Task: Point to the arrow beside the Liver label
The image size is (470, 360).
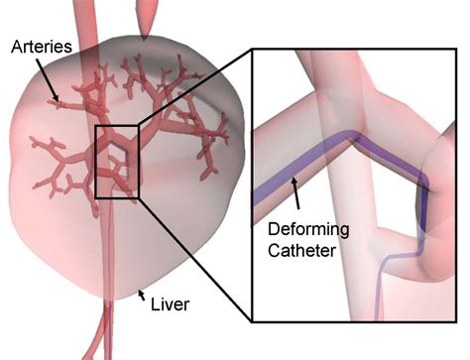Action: [144, 294]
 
